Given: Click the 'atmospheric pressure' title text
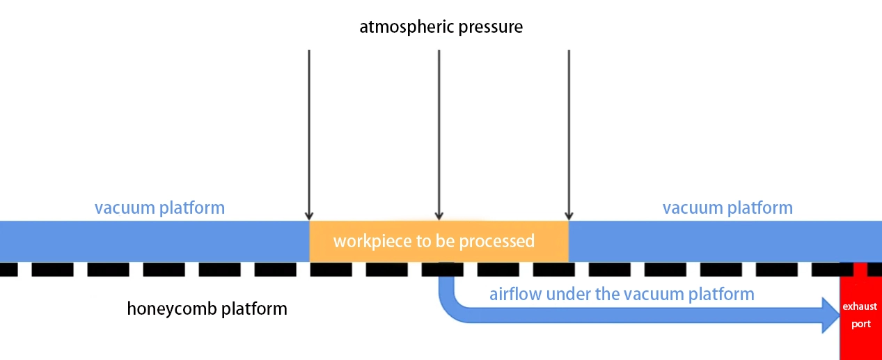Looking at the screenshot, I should pyautogui.click(x=441, y=27).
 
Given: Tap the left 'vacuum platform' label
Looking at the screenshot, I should pyautogui.click(x=159, y=208).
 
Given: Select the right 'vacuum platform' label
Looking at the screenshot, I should pyautogui.click(x=727, y=208).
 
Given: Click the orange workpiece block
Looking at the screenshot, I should pyautogui.click(x=439, y=241).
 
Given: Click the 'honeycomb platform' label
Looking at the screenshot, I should pyautogui.click(x=207, y=308).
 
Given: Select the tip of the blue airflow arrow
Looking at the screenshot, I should pyautogui.click(x=838, y=315).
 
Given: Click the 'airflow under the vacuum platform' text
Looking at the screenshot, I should pyautogui.click(x=622, y=294).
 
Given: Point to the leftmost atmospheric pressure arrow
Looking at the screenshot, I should pyautogui.click(x=309, y=132).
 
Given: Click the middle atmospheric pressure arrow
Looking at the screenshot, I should pyautogui.click(x=439, y=132).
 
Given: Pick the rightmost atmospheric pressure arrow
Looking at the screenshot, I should pyautogui.click(x=569, y=132).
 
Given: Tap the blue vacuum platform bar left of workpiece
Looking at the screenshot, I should pyautogui.click(x=153, y=241).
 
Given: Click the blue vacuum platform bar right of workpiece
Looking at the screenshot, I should pyautogui.click(x=724, y=241).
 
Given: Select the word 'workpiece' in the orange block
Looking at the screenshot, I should pyautogui.click(x=367, y=242).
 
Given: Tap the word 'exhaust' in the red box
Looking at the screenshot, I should pyautogui.click(x=860, y=306).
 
